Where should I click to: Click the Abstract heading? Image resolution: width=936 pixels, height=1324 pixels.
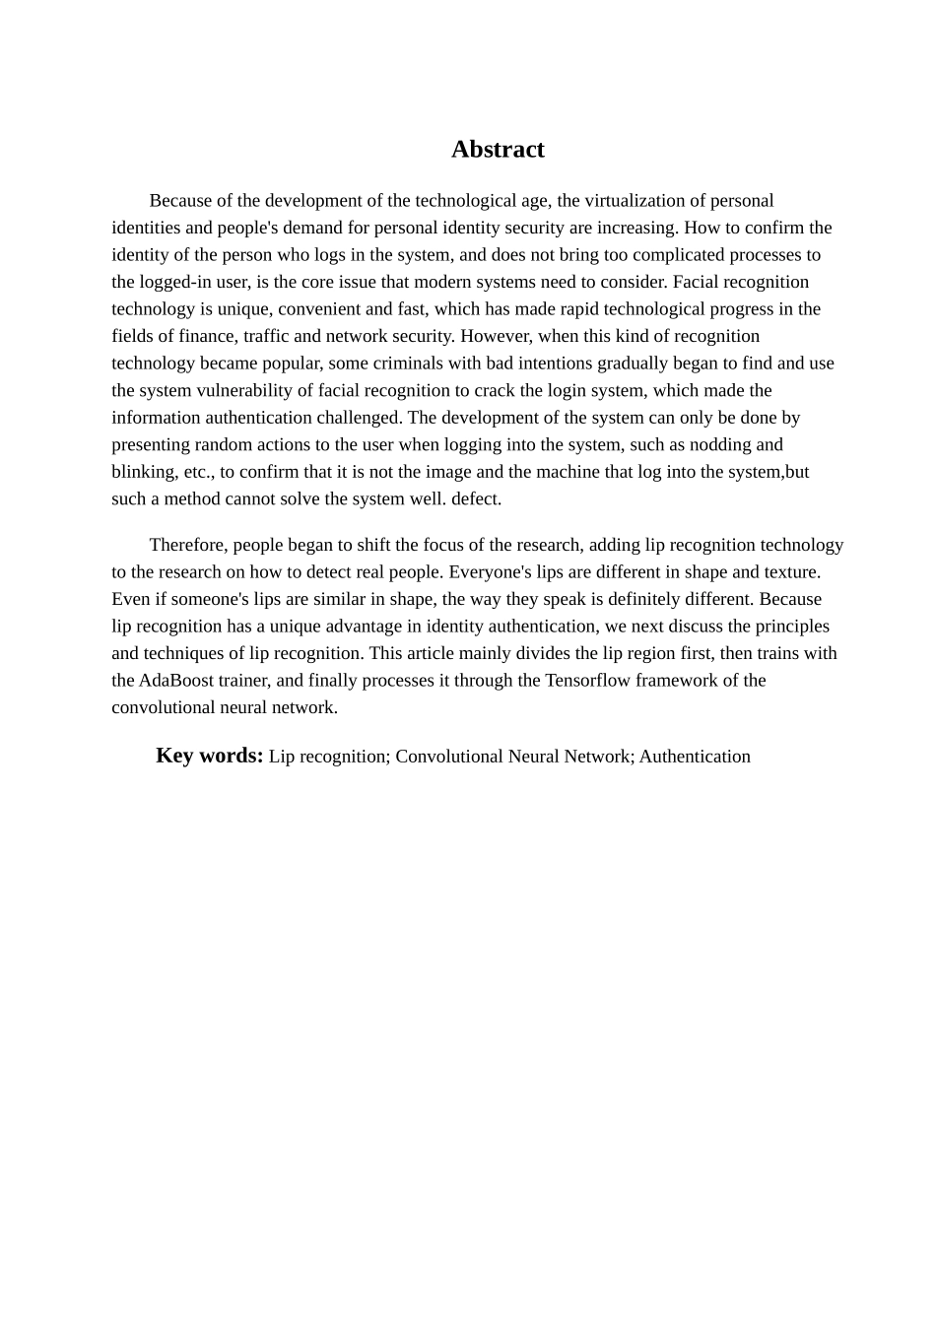tap(498, 149)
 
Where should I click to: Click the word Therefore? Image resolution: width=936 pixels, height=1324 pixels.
tap(187, 545)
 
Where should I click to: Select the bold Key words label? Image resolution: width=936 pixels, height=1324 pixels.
tap(210, 756)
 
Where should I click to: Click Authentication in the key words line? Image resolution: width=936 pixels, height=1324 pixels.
tap(695, 757)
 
